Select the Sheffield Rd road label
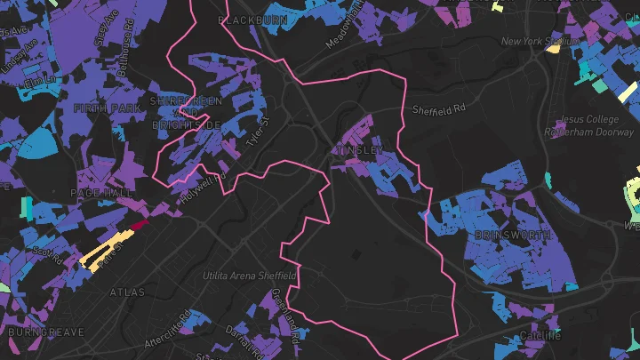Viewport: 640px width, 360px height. point(439,110)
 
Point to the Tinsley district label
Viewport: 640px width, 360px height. point(359,151)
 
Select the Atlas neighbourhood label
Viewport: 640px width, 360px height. point(127,292)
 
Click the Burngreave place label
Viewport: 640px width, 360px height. point(46,332)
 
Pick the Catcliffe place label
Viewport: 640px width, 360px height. point(533,336)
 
